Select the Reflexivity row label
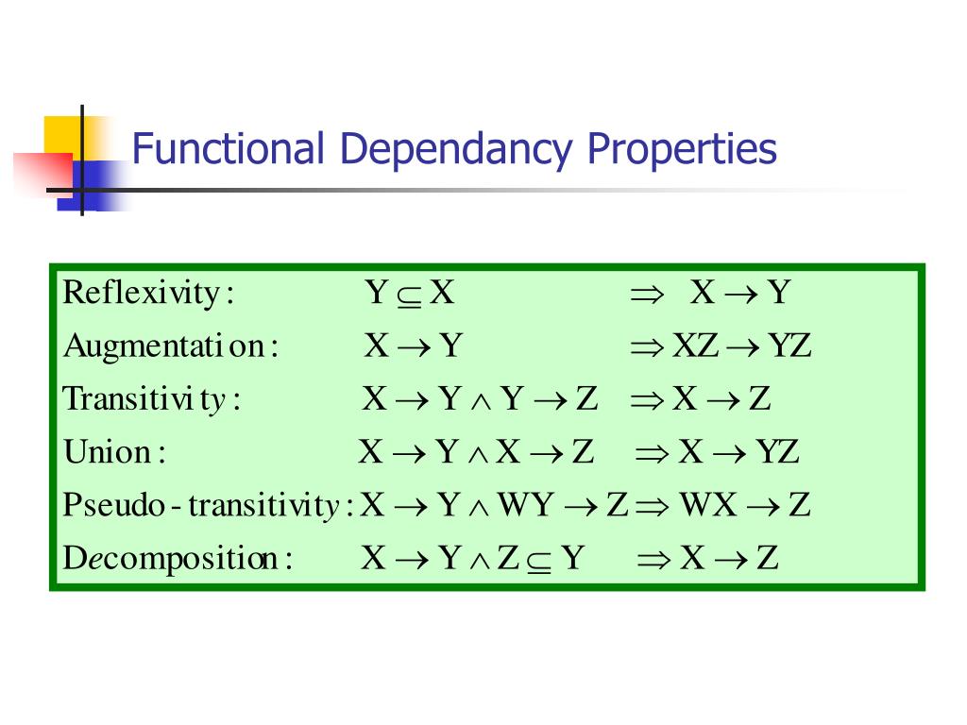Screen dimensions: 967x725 click(x=147, y=294)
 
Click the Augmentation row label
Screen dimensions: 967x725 click(x=171, y=347)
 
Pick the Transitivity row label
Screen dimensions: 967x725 click(x=152, y=399)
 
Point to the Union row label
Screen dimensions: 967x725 click(x=114, y=452)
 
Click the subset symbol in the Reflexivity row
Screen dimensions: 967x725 click(x=408, y=295)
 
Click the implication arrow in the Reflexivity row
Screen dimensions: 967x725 click(x=648, y=295)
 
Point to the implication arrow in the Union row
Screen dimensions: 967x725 click(x=653, y=453)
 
